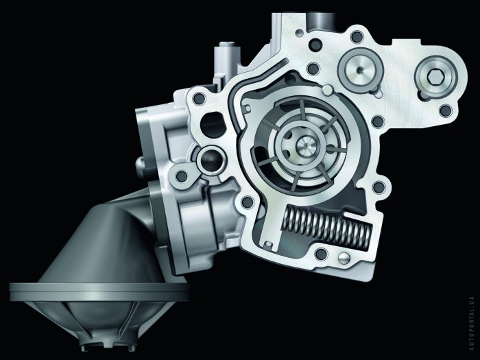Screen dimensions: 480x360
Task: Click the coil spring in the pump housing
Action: point(328,226)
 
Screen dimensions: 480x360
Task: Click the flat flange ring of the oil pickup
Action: point(99,291)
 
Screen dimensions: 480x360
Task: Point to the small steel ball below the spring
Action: point(344,258)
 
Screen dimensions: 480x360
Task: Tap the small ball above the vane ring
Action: point(328,89)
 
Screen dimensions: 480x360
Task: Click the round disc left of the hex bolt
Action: point(359,71)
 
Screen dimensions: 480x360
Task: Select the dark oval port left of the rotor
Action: point(213,125)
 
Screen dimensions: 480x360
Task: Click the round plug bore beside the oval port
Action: point(211,160)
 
